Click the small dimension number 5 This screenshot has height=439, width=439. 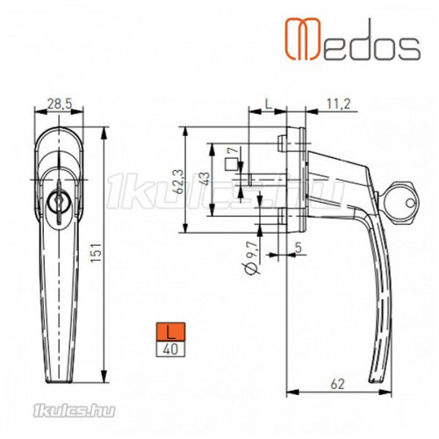301,248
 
